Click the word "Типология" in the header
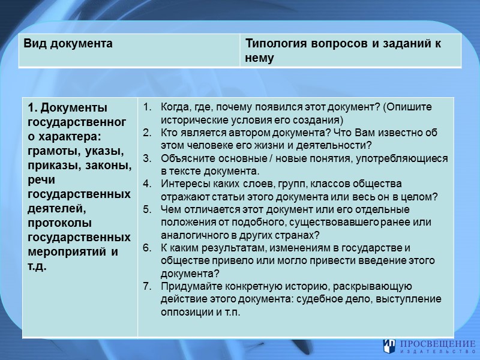(x=274, y=44)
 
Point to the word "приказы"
(x=55, y=165)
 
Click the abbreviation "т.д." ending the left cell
(x=38, y=265)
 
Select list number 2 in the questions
(x=148, y=133)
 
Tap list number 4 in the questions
(x=148, y=184)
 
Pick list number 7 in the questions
(x=148, y=286)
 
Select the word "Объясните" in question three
(x=185, y=158)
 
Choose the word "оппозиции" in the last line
(x=182, y=312)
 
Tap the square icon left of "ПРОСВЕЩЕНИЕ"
(x=389, y=346)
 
